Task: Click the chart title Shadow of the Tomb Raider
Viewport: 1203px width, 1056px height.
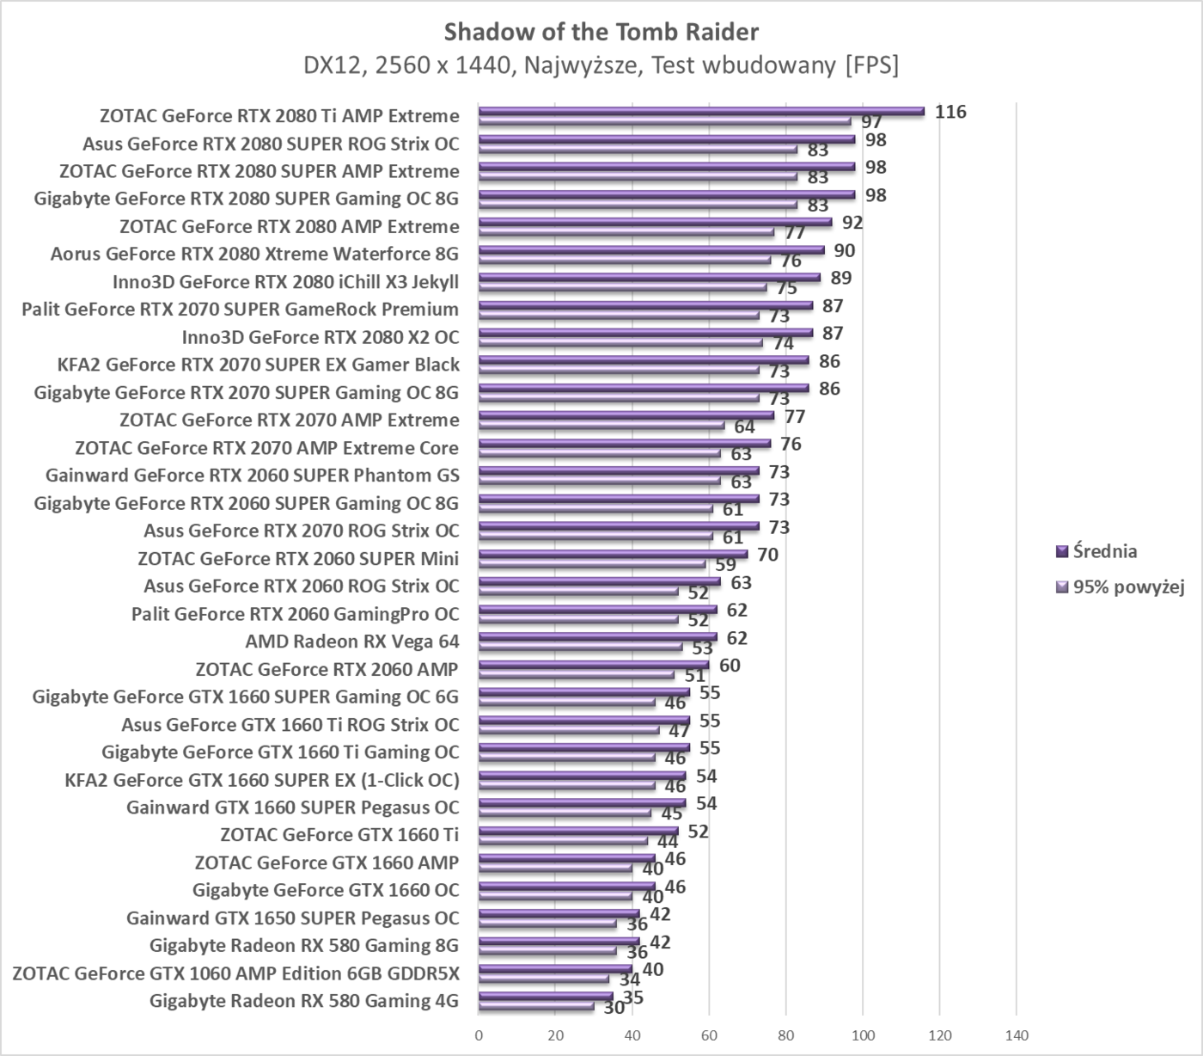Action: click(x=601, y=32)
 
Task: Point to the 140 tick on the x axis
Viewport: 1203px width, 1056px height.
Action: click(x=1017, y=1035)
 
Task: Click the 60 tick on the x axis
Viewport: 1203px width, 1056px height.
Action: click(x=709, y=1035)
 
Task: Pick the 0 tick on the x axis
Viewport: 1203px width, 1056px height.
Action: click(x=479, y=1035)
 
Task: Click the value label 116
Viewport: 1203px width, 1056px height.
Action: click(x=950, y=112)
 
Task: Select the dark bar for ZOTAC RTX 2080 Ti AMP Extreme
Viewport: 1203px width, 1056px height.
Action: click(x=700, y=111)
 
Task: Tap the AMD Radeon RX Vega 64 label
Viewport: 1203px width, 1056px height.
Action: click(x=351, y=642)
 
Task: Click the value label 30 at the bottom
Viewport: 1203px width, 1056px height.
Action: click(x=614, y=1007)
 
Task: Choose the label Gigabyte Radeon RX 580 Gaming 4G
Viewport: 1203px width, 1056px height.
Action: click(x=303, y=1001)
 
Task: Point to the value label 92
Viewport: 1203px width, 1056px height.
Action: click(x=852, y=223)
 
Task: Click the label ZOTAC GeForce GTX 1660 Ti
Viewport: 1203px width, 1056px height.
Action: click(x=339, y=835)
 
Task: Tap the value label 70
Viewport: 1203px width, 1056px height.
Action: click(x=767, y=555)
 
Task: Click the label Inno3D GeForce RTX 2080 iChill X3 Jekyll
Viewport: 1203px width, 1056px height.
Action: click(x=285, y=282)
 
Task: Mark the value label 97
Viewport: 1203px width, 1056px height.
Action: click(x=872, y=122)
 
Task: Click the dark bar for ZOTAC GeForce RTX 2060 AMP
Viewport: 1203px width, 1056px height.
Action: click(x=593, y=665)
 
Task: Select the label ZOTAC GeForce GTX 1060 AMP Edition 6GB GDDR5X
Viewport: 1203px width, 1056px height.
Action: click(x=235, y=973)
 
